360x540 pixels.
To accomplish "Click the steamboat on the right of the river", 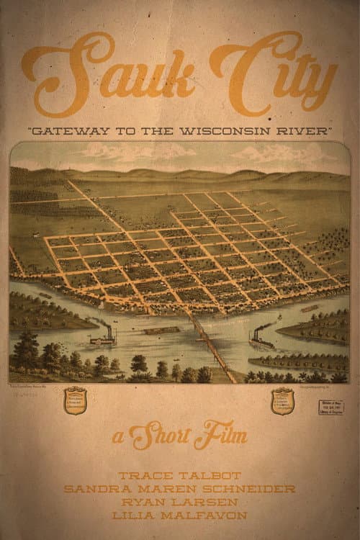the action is (x=261, y=339).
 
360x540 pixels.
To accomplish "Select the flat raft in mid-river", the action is (x=163, y=330).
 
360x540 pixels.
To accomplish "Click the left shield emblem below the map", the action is (x=75, y=400).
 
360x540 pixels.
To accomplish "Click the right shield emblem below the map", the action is (x=282, y=401).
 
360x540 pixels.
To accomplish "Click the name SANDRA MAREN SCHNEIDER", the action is (x=179, y=490).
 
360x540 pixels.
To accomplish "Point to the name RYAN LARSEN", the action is (x=179, y=503).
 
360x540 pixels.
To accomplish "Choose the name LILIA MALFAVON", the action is (x=179, y=516).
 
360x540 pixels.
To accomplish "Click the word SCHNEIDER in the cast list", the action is (x=256, y=490).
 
